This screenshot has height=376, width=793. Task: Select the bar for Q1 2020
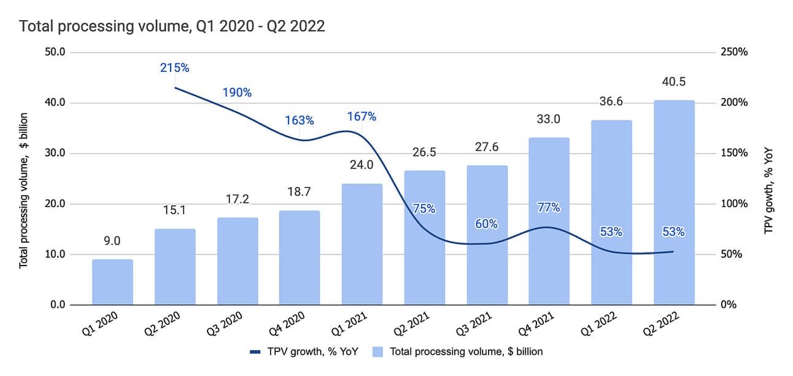pyautogui.click(x=112, y=282)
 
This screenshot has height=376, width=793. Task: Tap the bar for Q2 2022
pyautogui.click(x=673, y=203)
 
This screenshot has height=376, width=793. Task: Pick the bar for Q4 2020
pyautogui.click(x=300, y=257)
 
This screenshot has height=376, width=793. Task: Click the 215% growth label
pyautogui.click(x=174, y=68)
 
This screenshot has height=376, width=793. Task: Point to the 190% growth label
pyautogui.click(x=237, y=93)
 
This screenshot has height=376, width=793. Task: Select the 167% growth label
pyautogui.click(x=362, y=116)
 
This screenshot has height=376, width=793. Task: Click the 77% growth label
pyautogui.click(x=548, y=208)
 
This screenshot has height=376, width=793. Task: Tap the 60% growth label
pyautogui.click(x=486, y=224)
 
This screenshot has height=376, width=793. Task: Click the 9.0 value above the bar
pyautogui.click(x=112, y=241)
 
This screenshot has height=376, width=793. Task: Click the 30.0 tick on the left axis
pyautogui.click(x=54, y=153)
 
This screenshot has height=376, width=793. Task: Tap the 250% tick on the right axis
pyautogui.click(x=735, y=52)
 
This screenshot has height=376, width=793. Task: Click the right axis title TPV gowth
pyautogui.click(x=768, y=178)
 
